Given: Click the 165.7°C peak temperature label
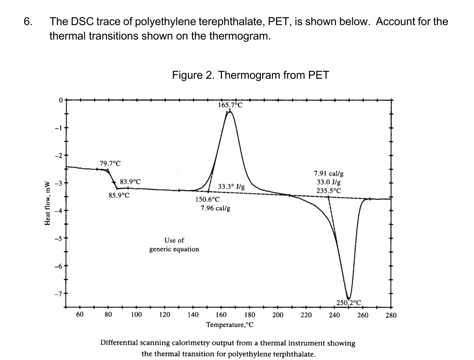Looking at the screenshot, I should point(230,105).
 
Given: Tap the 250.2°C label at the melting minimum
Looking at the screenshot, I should point(349,303).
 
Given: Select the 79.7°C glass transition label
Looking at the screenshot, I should point(110,163).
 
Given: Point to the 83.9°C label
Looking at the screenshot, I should point(130,182).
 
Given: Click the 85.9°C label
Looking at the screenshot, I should point(119,196).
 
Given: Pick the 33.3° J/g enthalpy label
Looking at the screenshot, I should point(231,187).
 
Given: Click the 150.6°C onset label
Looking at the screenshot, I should point(207,199).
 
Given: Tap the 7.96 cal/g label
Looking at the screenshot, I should point(215,208).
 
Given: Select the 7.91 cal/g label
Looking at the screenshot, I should point(328,174).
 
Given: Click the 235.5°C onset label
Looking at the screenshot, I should point(328,190).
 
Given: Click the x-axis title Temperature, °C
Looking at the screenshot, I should point(230,325).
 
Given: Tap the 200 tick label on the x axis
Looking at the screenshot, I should point(278,315).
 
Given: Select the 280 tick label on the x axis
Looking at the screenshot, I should point(391,315).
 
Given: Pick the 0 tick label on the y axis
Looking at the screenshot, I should point(61,100).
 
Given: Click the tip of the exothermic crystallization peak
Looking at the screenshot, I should point(230,112).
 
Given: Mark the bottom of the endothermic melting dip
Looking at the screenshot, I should point(348,298).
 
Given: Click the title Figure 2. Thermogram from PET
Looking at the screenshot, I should point(250,75).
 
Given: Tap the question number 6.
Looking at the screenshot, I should point(29,22).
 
